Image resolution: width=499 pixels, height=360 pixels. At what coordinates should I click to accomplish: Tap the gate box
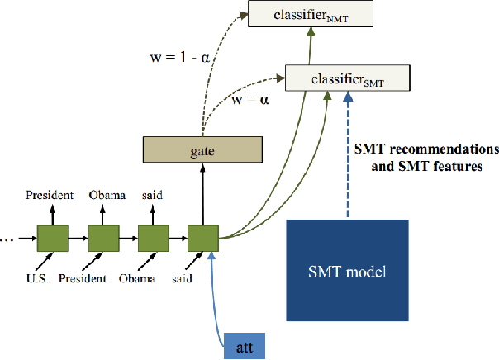tap(202, 150)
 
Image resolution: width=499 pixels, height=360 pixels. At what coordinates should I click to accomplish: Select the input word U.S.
tap(36, 278)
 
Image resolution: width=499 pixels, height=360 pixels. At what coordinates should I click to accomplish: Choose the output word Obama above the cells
tap(107, 196)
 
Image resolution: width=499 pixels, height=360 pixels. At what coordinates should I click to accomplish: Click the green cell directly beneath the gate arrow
tap(202, 239)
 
